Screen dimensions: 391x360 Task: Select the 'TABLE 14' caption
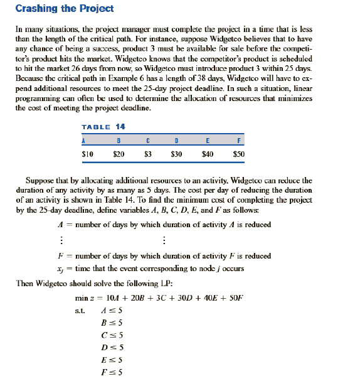(103, 127)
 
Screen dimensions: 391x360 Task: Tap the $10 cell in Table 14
(88, 153)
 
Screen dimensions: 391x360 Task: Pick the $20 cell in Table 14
(118, 153)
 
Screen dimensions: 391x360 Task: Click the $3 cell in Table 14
(147, 153)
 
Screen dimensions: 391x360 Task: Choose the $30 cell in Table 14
(177, 153)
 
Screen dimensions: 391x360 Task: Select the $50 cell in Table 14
(238, 153)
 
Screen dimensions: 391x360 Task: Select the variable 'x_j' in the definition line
(60, 269)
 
